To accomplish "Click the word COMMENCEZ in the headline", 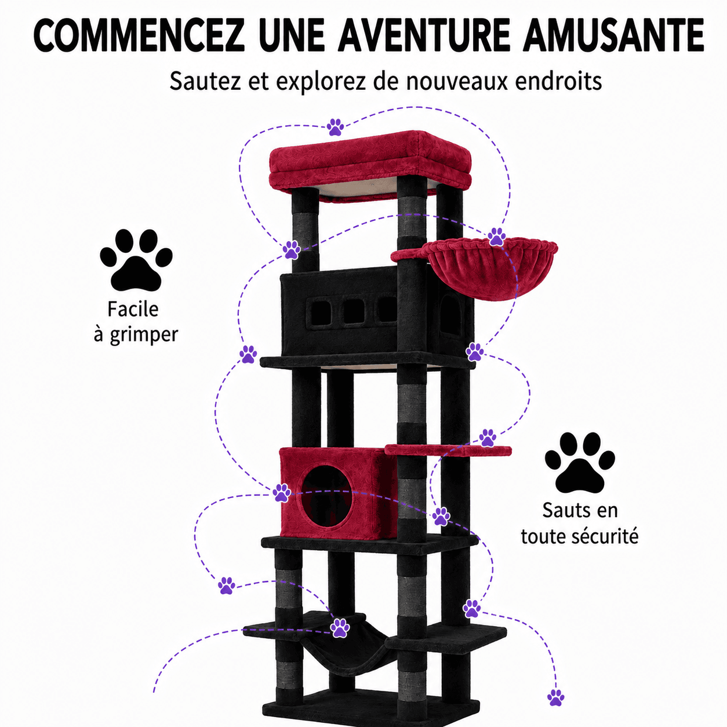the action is click(139, 35).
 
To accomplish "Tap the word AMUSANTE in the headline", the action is click(613, 35).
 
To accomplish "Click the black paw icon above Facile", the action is click(136, 260).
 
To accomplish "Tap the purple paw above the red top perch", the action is click(335, 127).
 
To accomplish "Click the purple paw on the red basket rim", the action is click(496, 237).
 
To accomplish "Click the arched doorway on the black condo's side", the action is click(452, 315).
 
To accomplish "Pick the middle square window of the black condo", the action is click(354, 312).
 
